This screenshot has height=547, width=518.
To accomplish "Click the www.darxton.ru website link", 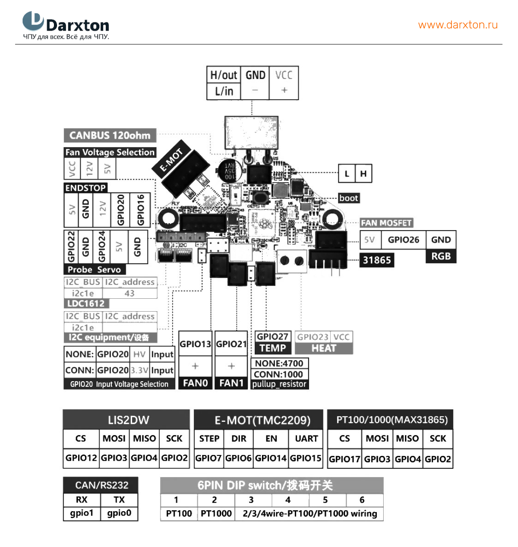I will click(x=458, y=25).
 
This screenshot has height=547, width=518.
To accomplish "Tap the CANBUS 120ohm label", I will click(x=110, y=135).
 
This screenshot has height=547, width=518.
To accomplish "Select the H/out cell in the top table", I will click(x=224, y=75).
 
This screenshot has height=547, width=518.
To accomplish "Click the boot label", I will click(x=348, y=198).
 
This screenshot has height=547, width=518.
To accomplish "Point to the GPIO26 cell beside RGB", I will click(x=403, y=240).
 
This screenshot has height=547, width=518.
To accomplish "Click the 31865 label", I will click(x=377, y=260).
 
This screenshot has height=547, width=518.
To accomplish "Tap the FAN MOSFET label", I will click(x=386, y=223).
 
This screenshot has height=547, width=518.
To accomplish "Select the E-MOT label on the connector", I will click(x=171, y=160).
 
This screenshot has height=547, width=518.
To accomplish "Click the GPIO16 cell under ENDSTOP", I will click(x=141, y=209).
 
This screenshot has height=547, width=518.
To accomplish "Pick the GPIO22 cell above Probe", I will click(x=71, y=247).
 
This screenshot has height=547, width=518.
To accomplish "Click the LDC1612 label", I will click(x=86, y=304).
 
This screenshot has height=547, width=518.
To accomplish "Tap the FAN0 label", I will click(x=196, y=383).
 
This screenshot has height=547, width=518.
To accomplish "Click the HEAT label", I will click(x=324, y=348).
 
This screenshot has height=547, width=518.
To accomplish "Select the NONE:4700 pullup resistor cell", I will click(x=279, y=364).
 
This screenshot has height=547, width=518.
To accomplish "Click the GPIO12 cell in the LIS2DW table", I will click(x=81, y=458).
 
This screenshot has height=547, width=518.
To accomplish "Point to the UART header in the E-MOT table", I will click(x=306, y=439).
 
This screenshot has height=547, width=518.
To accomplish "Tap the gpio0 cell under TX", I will click(x=119, y=513).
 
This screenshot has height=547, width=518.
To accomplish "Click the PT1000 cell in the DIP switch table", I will click(x=216, y=514).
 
